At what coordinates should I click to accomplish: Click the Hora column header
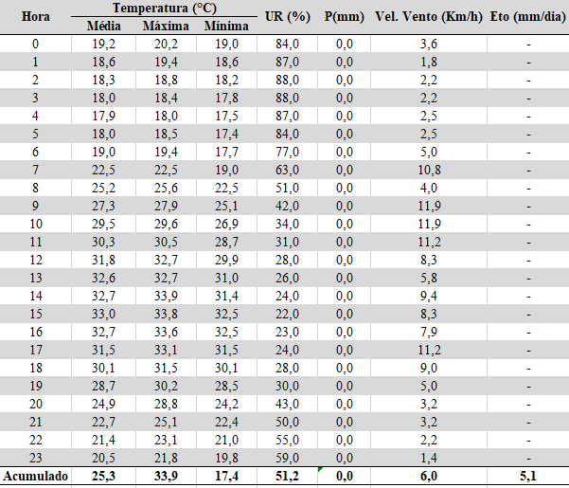pyautogui.click(x=36, y=17)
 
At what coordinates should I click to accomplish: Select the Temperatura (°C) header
pyautogui.click(x=165, y=8)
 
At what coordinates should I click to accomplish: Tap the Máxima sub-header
pyautogui.click(x=166, y=27)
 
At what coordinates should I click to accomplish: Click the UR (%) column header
pyautogui.click(x=288, y=17)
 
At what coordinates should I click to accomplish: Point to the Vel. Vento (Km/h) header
pyautogui.click(x=429, y=17)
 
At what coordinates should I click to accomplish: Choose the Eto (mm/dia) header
pyautogui.click(x=528, y=17)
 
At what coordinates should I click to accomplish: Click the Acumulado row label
pyautogui.click(x=36, y=476)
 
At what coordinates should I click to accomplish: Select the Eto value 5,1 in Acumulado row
pyautogui.click(x=528, y=476)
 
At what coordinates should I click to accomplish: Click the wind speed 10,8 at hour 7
pyautogui.click(x=429, y=170)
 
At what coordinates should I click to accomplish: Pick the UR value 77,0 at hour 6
pyautogui.click(x=287, y=152)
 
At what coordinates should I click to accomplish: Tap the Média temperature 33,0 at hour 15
pyautogui.click(x=103, y=314)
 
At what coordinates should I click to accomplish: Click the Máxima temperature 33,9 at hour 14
pyautogui.click(x=166, y=296)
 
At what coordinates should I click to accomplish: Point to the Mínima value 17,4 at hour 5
pyautogui.click(x=226, y=134)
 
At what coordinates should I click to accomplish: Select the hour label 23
pyautogui.click(x=36, y=458)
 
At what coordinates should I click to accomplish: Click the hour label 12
pyautogui.click(x=36, y=260)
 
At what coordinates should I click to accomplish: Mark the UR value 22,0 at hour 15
pyautogui.click(x=287, y=314)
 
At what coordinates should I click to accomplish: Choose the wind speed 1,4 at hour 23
pyautogui.click(x=429, y=458)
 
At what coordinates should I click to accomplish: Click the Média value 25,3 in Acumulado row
pyautogui.click(x=103, y=476)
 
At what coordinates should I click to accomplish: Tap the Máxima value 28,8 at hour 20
pyautogui.click(x=166, y=404)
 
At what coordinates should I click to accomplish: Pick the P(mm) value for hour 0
pyautogui.click(x=345, y=44)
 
